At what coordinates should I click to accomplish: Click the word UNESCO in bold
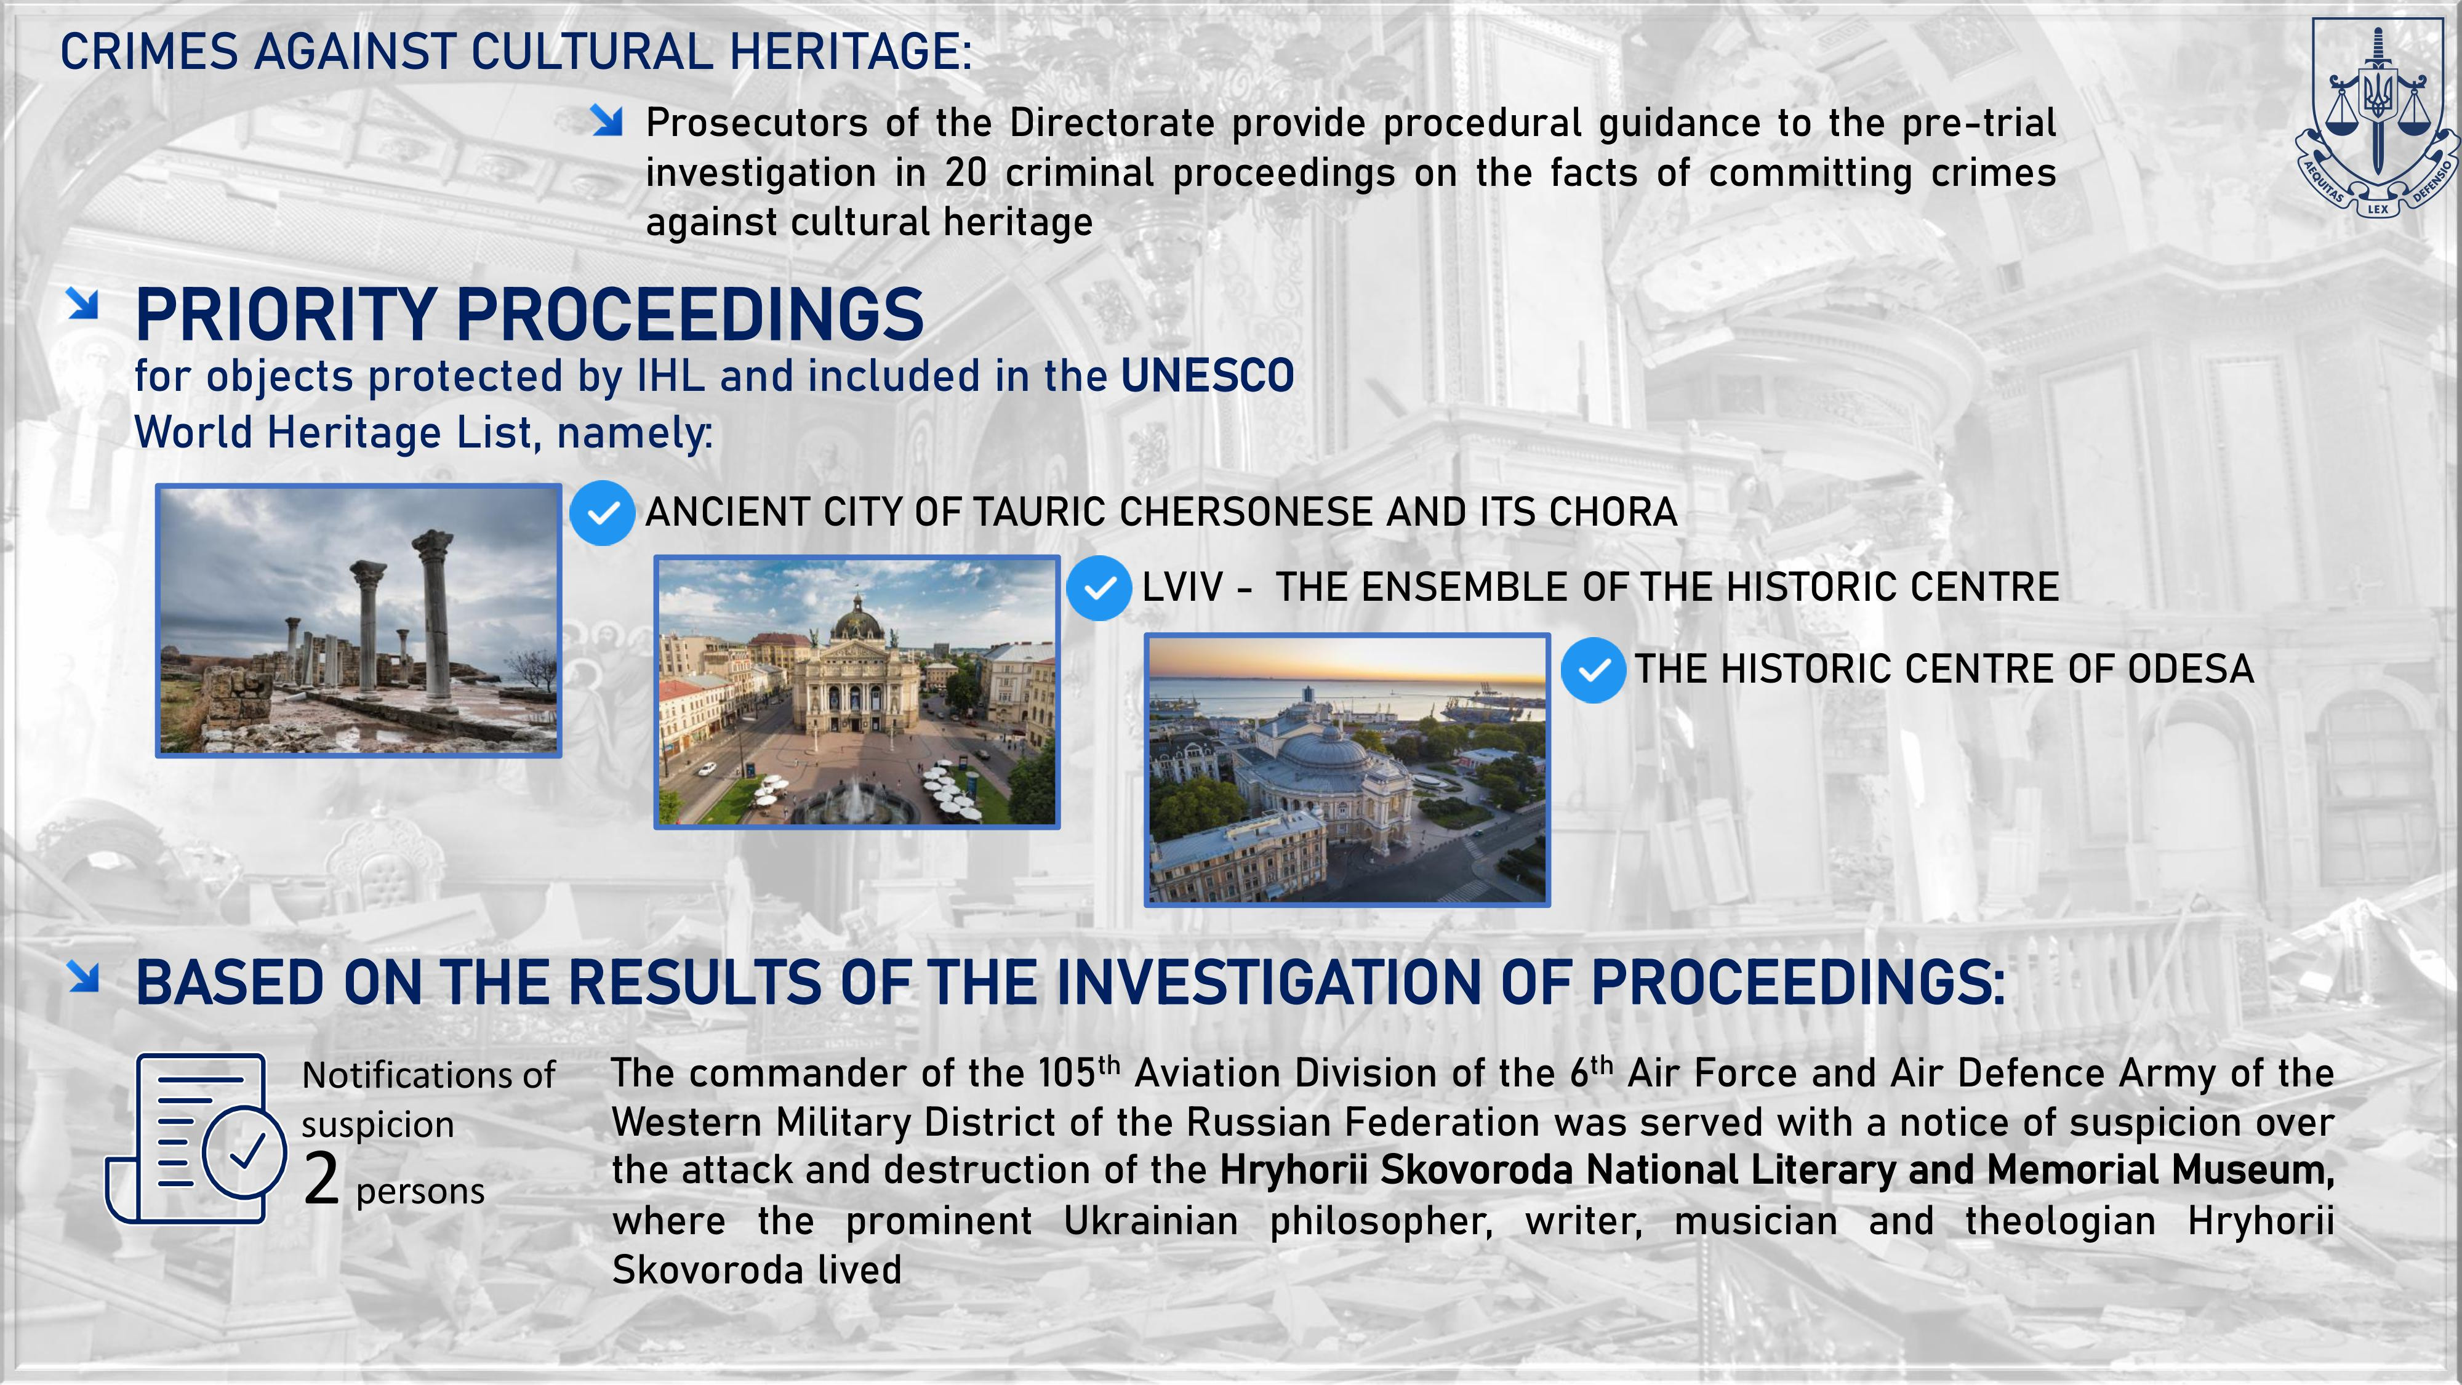pos(1207,375)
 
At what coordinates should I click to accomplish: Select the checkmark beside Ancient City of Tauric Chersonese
pos(602,513)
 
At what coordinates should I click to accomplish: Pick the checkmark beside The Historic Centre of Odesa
pos(1594,670)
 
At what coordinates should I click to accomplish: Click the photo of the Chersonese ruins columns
pos(358,620)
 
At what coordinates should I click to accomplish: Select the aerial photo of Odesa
pos(1347,769)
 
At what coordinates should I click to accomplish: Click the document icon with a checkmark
pos(196,1138)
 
